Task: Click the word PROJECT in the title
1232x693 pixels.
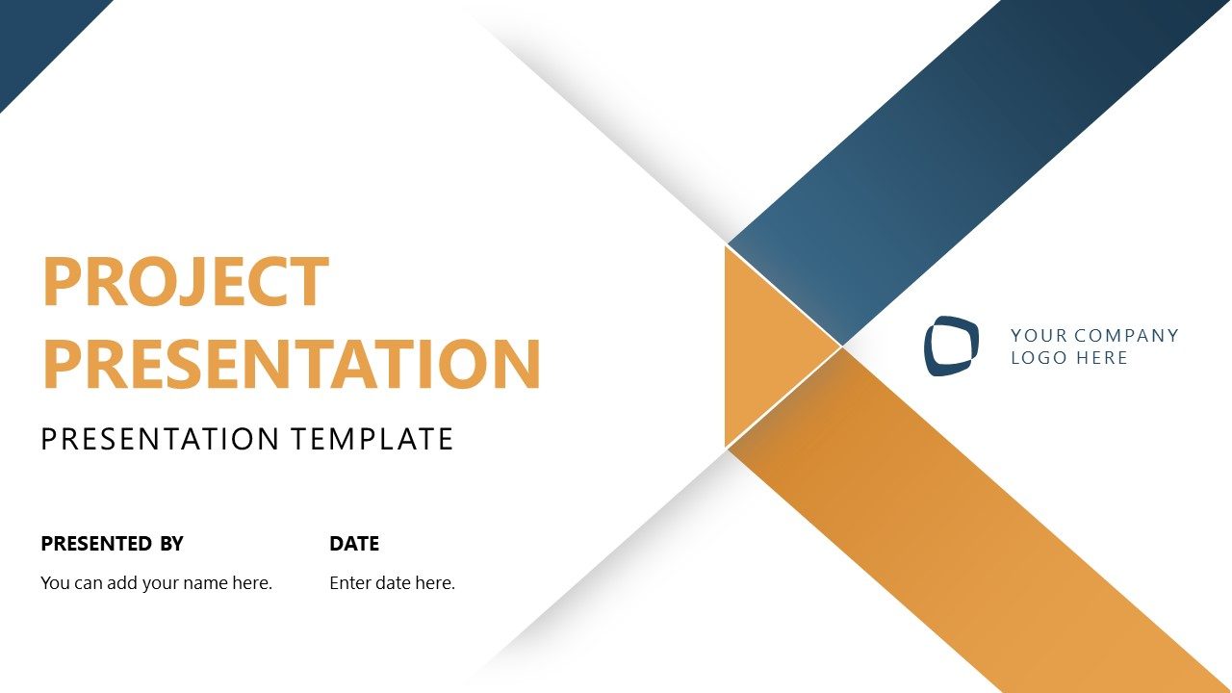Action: [186, 282]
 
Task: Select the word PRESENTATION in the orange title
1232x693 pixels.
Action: [292, 363]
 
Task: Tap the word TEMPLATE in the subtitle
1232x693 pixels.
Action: [372, 440]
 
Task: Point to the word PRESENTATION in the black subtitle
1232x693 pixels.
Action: [160, 440]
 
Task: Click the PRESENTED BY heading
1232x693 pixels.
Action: [112, 544]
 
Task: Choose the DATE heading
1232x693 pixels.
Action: [354, 544]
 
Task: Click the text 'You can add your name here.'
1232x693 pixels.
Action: [157, 582]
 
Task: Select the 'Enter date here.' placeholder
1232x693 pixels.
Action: [392, 582]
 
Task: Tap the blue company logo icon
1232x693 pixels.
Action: [952, 346]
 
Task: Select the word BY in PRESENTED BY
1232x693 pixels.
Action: [171, 544]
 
